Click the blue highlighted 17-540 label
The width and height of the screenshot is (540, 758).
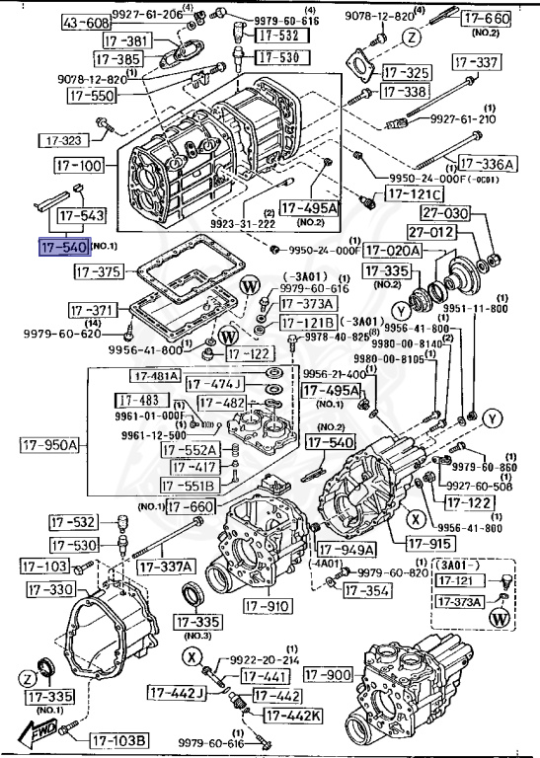pos(64,247)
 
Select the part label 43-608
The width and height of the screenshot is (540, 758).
pos(86,22)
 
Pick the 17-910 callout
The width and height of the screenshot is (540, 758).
pos(268,605)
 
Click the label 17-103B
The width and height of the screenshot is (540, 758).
pos(120,739)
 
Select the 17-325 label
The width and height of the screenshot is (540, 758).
pos(406,73)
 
